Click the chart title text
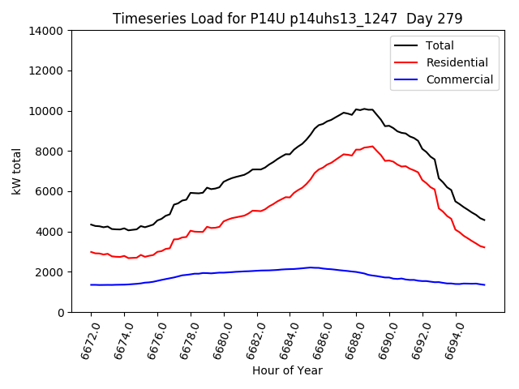[x=287, y=19]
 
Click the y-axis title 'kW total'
[x=17, y=172]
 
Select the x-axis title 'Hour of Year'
[x=287, y=370]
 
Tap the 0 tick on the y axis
[x=61, y=312]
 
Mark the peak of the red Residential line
[x=372, y=146]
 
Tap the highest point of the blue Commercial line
[x=310, y=267]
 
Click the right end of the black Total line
[x=484, y=220]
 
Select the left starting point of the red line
[x=91, y=252]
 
